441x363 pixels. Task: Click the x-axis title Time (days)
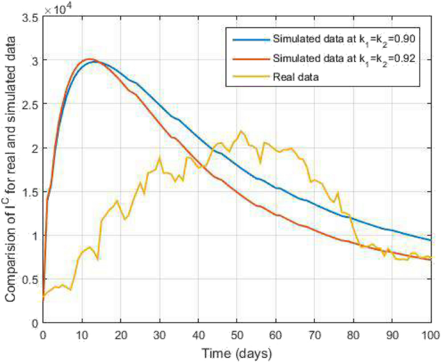[236, 353]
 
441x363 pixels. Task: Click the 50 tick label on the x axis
[236, 335]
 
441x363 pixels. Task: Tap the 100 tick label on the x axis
[429, 335]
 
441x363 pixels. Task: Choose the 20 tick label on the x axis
[120, 335]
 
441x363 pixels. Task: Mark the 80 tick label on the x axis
[353, 335]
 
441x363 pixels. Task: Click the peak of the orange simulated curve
[89, 59]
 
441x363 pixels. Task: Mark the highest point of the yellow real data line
[241, 131]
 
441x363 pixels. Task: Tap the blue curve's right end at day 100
[430, 240]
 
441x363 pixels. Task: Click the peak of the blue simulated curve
[95, 62]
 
